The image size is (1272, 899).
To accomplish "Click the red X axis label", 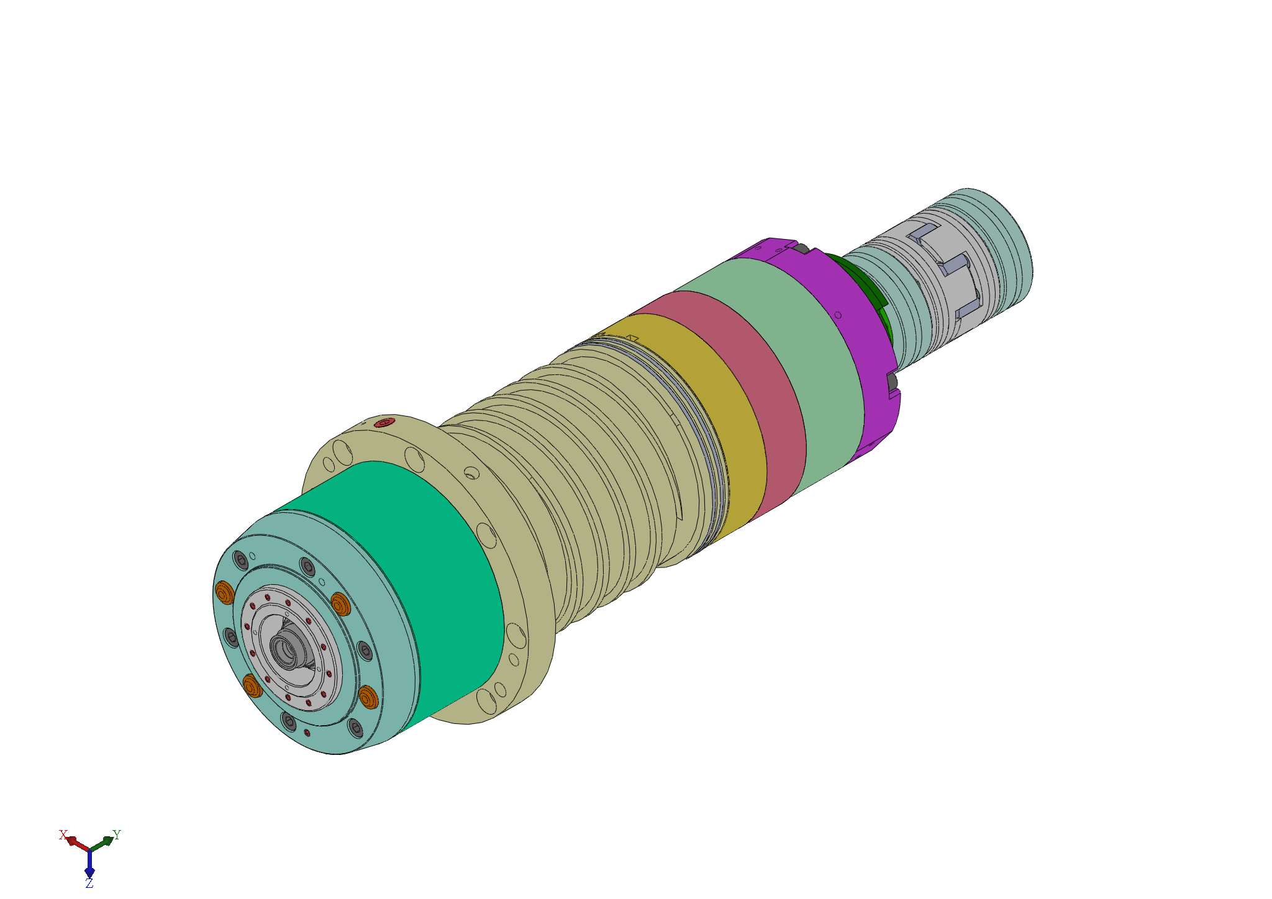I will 63,834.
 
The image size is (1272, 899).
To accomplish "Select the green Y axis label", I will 116,834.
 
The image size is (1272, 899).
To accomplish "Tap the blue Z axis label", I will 89,883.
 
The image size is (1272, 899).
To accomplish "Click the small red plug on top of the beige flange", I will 384,423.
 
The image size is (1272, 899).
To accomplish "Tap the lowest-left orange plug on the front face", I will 252,686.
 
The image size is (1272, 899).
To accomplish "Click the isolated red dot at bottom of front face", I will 307,733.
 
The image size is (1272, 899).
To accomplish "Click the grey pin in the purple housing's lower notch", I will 894,380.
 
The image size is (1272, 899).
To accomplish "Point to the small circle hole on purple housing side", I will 838,315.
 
